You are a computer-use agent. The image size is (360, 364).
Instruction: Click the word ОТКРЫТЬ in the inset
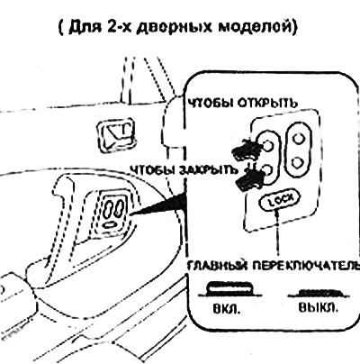pyautogui.click(x=268, y=103)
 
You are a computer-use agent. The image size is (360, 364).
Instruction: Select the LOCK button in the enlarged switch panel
pyautogui.click(x=279, y=201)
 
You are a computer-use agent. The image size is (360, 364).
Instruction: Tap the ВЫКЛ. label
pyautogui.click(x=318, y=308)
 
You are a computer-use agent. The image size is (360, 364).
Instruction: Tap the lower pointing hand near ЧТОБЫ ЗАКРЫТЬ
pyautogui.click(x=249, y=179)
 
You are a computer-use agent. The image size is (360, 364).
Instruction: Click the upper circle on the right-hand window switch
pyautogui.click(x=299, y=139)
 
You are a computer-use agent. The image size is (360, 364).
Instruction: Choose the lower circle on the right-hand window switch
pyautogui.click(x=298, y=162)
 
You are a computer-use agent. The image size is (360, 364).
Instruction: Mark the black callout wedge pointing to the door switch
pyautogui.click(x=159, y=206)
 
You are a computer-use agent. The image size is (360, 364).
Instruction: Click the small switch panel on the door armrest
pyautogui.click(x=112, y=211)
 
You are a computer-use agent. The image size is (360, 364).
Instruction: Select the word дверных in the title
pyautogui.click(x=174, y=27)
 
